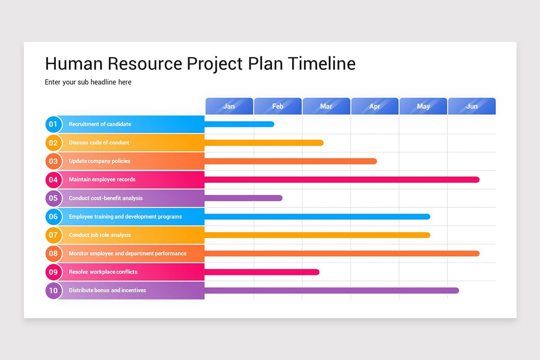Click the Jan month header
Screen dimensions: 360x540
(x=229, y=106)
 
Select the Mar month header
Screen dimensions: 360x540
(x=326, y=106)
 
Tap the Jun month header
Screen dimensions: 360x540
(x=472, y=106)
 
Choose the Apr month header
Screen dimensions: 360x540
(x=375, y=106)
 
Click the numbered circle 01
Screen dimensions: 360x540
(x=54, y=124)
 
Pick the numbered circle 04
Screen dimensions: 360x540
(x=54, y=180)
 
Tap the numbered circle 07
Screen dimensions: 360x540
(x=54, y=235)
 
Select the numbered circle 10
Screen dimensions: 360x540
(x=54, y=290)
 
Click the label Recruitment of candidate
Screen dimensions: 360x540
(x=100, y=124)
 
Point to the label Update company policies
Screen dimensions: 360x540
(x=99, y=161)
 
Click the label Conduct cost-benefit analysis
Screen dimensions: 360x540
(x=106, y=198)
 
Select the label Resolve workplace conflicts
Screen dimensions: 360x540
(x=103, y=272)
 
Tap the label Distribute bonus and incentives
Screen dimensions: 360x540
(x=108, y=290)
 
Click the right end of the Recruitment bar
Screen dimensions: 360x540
(x=272, y=124)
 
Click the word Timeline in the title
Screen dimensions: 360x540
(x=322, y=64)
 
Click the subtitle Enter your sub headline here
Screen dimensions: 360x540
(x=88, y=82)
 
